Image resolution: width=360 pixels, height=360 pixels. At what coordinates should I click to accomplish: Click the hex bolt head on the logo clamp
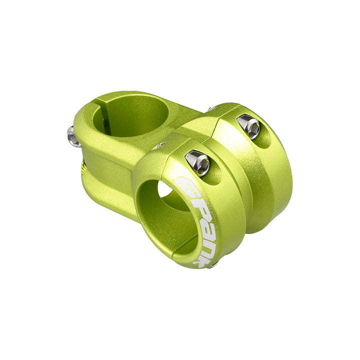[x=197, y=163]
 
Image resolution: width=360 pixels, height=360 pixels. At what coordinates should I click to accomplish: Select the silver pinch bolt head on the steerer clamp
[x=73, y=137]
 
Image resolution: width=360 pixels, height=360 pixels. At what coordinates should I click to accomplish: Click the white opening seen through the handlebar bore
[x=164, y=189]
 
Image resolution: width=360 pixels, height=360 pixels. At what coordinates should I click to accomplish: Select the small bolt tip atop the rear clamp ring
[x=212, y=108]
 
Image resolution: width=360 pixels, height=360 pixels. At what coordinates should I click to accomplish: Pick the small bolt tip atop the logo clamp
[x=160, y=145]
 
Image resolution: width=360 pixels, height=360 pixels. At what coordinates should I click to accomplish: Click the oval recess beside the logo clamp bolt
[x=215, y=175]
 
